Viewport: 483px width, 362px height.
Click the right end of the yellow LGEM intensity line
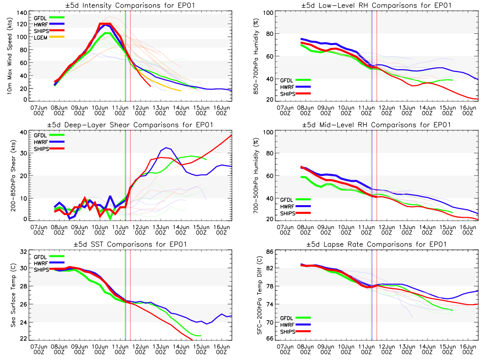click(181, 91)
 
